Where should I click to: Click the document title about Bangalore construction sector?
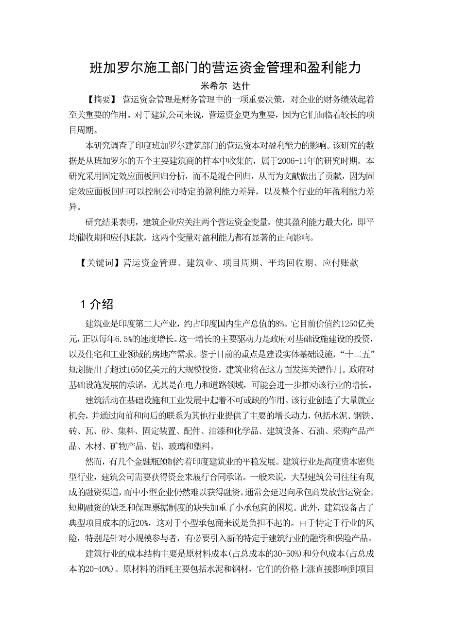tap(225, 67)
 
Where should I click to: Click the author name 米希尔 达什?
tap(225, 86)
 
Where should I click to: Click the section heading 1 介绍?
tap(97, 305)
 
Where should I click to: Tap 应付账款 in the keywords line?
tap(341, 263)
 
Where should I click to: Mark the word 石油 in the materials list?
tap(313, 430)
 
